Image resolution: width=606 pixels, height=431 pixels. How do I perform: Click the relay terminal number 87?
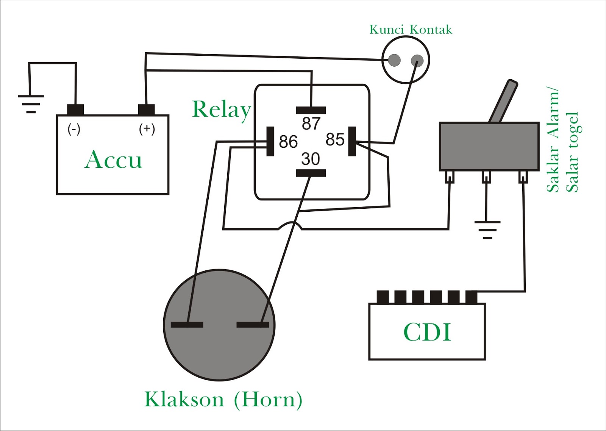coord(311,123)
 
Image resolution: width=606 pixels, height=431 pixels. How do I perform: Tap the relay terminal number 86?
coord(288,142)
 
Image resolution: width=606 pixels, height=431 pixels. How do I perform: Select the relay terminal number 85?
coord(335,139)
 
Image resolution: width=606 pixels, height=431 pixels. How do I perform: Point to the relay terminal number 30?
coord(311,159)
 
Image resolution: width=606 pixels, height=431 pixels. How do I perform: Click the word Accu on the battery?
coord(113,159)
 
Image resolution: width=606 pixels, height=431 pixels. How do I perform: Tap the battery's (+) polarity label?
coord(147,129)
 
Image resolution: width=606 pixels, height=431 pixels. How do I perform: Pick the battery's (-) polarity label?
coord(74,129)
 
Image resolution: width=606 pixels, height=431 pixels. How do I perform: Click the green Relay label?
coord(222,109)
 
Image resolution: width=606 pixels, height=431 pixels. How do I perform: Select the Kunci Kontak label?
coord(411,30)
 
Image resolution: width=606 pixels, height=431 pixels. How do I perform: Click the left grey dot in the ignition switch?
coord(394,60)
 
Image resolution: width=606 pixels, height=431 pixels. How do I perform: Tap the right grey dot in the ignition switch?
coord(417,60)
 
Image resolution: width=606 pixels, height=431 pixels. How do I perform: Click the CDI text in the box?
coord(427,333)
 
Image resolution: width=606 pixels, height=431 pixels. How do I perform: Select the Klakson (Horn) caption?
coord(223,400)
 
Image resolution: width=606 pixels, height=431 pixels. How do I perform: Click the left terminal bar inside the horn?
coord(187,325)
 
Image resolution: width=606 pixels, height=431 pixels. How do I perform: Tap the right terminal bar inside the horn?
coord(253,325)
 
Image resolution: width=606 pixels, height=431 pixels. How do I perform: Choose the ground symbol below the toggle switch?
coord(487,230)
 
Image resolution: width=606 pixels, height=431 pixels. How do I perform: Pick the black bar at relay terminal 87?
coord(311,110)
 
